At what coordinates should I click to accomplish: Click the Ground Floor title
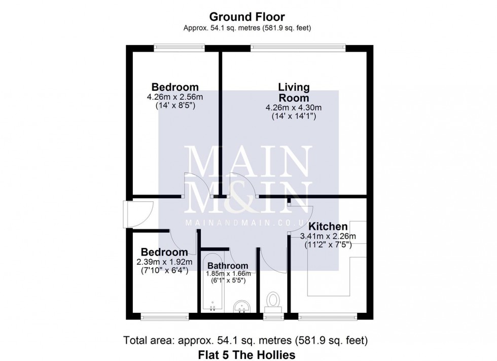pos(247,17)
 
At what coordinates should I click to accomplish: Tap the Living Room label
pos(294,92)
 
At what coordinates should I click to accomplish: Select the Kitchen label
pos(328,226)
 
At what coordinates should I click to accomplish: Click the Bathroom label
pos(228,266)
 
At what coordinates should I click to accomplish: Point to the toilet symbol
pos(273,302)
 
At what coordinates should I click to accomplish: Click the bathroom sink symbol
pos(242,307)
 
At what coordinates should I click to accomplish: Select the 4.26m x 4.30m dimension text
pos(294,108)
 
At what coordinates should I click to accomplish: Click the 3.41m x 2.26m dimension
pos(328,236)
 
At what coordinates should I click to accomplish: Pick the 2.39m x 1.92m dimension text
pos(164,262)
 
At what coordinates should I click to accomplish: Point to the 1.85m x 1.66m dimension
pos(228,273)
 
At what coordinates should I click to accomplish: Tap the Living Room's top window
pos(298,48)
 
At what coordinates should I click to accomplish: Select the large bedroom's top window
pos(180,48)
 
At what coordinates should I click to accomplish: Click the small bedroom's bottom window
pos(164,316)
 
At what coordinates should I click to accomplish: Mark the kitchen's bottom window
pos(328,316)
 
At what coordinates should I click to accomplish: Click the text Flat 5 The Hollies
pos(246,354)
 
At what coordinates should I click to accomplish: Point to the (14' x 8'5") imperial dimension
pos(175,105)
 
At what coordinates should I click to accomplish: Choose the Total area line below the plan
pos(245,340)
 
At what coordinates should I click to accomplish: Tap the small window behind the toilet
pos(273,316)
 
